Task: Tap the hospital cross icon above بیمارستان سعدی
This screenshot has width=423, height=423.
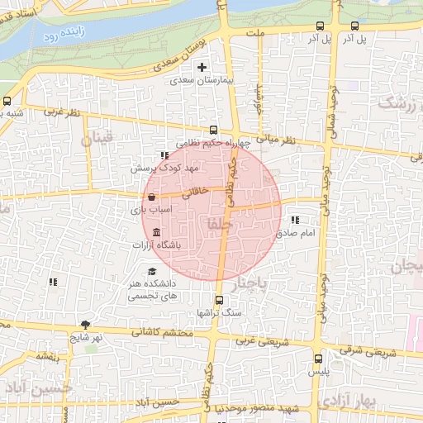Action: click(x=202, y=66)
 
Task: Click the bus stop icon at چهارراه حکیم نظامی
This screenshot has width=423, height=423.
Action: click(x=213, y=130)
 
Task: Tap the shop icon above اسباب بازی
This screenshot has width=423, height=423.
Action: click(x=151, y=197)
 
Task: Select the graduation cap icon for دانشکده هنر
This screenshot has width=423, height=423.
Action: click(x=151, y=272)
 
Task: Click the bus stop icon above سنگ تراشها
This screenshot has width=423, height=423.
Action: click(x=219, y=301)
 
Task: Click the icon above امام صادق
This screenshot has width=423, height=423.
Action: click(x=296, y=220)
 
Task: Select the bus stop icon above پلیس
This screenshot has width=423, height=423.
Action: click(x=318, y=359)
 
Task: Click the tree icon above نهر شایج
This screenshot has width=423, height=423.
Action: click(x=85, y=324)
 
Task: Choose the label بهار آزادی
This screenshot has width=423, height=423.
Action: click(x=347, y=402)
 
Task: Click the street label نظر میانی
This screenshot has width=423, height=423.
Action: click(x=276, y=140)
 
